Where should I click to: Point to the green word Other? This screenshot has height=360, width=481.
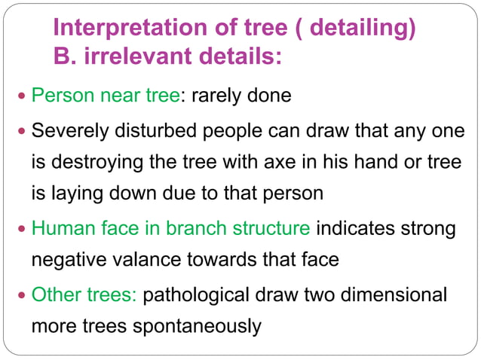pos(54,293)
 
